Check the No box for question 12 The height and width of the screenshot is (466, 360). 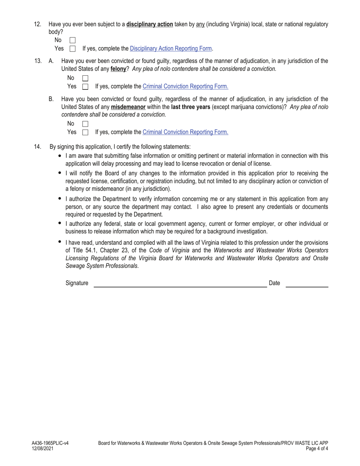73,40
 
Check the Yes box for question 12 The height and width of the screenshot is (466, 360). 73,48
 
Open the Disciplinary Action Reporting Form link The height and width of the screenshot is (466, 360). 171,48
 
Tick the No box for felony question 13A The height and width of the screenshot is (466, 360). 85,78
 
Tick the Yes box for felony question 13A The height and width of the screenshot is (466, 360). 85,86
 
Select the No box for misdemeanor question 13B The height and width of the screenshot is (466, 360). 85,124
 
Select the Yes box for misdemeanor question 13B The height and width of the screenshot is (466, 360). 85,132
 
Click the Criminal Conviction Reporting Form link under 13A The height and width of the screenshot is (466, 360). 185,86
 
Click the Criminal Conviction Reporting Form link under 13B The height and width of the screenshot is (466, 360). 185,132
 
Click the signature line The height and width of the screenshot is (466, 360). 180,284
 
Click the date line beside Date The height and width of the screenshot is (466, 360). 307,284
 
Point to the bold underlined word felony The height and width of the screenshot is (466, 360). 118,69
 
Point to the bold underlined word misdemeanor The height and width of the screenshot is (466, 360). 128,107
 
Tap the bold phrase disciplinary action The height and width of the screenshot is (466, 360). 150,24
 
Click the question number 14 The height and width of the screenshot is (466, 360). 37,147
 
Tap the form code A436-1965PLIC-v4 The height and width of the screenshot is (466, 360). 50,443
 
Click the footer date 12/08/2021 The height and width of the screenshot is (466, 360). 42,449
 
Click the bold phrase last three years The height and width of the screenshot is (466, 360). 191,107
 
